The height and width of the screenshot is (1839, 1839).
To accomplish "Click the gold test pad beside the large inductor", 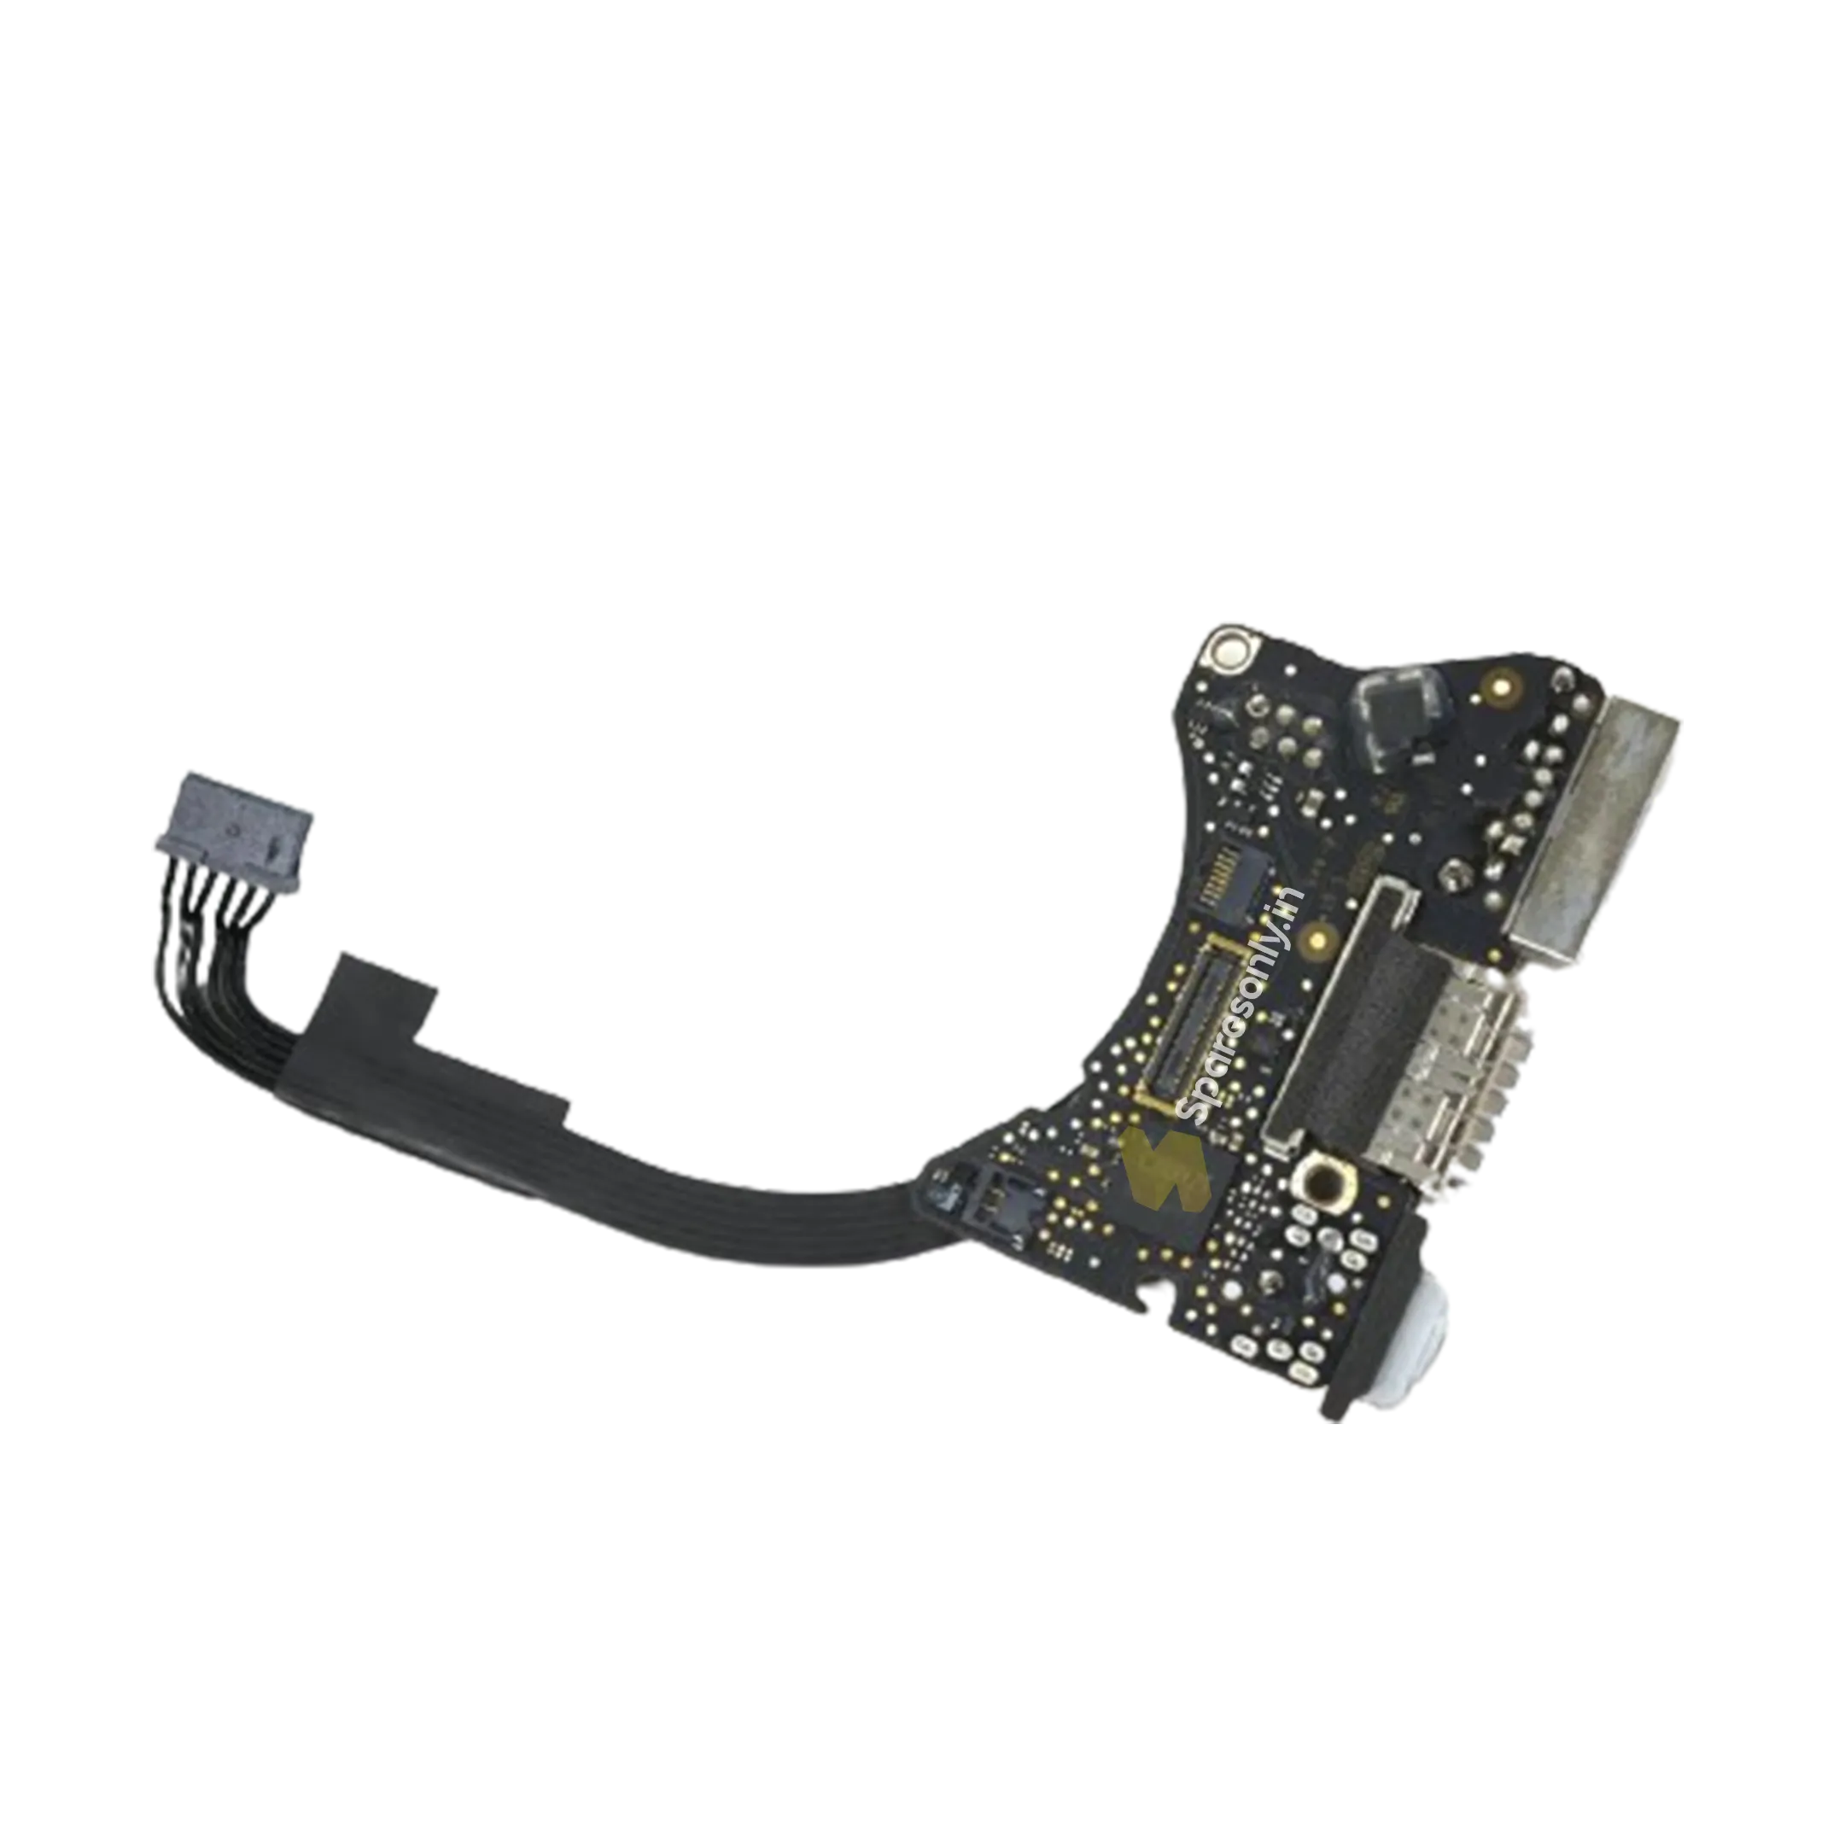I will click(1502, 685).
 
